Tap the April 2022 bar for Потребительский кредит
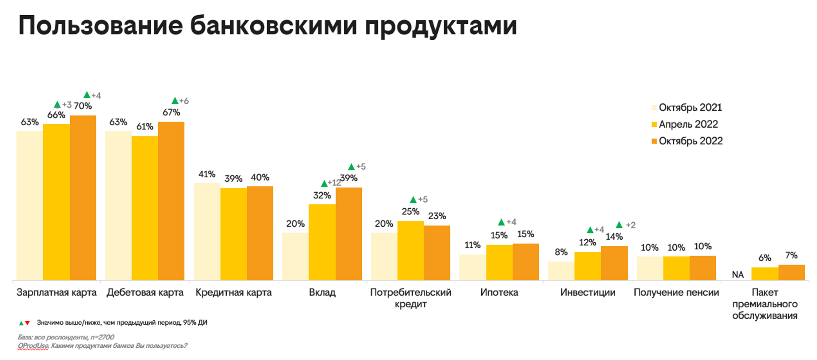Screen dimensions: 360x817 tap(410, 251)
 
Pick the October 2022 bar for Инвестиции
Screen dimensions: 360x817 tap(614, 263)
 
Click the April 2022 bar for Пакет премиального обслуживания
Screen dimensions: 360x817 tap(765, 274)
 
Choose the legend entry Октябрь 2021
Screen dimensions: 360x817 tap(690, 108)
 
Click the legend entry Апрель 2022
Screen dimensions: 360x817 tap(688, 124)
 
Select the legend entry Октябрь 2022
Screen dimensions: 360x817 tap(690, 141)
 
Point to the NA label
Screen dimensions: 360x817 tap(738, 275)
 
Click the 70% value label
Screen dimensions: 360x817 tap(83, 106)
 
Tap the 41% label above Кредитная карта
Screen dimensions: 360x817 tap(207, 174)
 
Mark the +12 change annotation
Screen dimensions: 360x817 tap(334, 183)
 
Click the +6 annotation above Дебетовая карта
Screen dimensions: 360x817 tap(184, 101)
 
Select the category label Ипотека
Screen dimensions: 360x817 tap(499, 292)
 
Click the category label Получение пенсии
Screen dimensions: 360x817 tap(676, 292)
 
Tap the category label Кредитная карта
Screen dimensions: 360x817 tap(233, 292)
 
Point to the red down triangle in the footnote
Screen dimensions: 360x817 tap(27, 323)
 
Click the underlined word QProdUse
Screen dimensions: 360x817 tap(33, 346)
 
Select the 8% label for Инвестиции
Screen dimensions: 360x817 tap(561, 252)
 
